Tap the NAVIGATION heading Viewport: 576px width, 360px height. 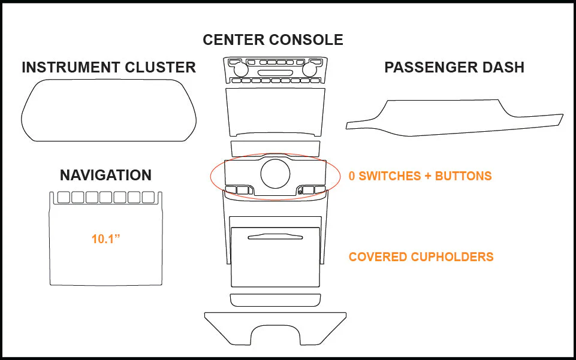[x=106, y=176]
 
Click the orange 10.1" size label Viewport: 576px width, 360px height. [x=106, y=239]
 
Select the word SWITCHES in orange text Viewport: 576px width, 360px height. [x=390, y=176]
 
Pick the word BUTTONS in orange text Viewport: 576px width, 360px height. [x=463, y=176]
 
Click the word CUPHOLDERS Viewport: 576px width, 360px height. [x=452, y=257]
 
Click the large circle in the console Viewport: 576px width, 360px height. [x=275, y=174]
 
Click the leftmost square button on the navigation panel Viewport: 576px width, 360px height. [x=64, y=197]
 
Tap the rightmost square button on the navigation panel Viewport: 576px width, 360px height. [x=148, y=197]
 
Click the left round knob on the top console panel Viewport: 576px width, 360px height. [x=240, y=69]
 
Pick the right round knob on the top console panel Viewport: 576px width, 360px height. [x=310, y=69]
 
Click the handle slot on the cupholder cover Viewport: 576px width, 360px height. [x=275, y=237]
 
